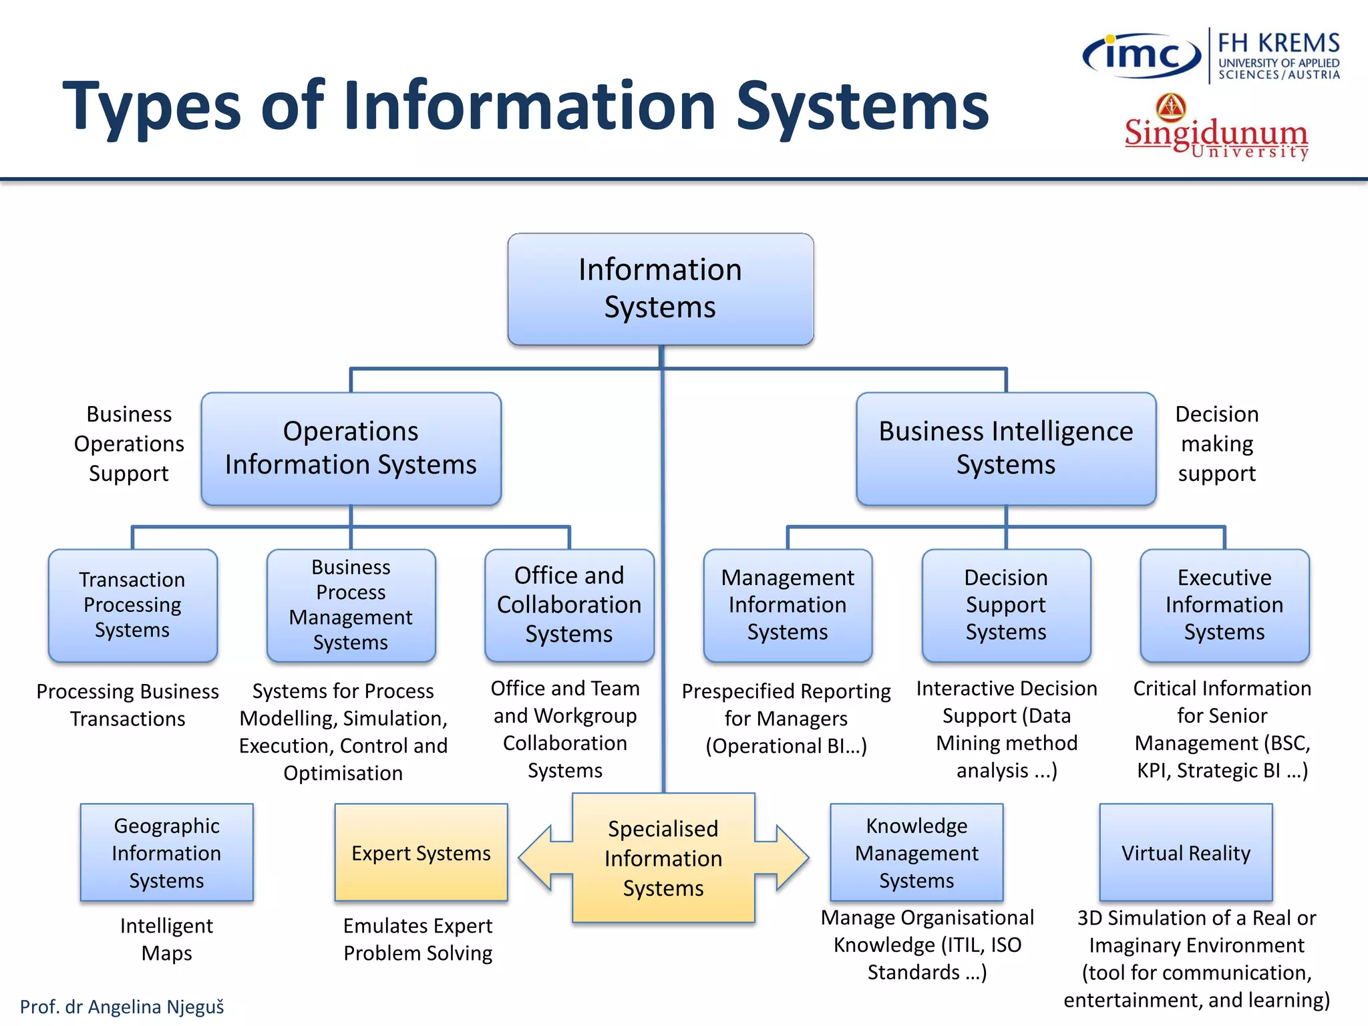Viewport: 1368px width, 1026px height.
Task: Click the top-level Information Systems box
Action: (660, 289)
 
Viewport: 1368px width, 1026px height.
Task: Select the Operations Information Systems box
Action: (351, 448)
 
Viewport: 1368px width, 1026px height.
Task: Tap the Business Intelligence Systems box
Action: (1005, 448)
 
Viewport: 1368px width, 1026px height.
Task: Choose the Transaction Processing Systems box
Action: (132, 605)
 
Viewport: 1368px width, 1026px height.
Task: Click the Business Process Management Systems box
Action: (351, 605)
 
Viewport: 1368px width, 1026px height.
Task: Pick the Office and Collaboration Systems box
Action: (569, 605)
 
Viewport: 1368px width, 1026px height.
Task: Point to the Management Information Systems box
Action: (788, 605)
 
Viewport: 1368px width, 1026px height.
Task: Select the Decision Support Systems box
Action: (1006, 605)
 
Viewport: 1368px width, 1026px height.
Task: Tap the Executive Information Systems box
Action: (1224, 605)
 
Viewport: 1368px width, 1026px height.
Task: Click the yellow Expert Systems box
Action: (421, 852)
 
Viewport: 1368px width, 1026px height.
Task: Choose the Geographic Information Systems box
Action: (166, 852)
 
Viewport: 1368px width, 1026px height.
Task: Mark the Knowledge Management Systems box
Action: (916, 852)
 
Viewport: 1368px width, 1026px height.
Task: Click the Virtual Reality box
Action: (1186, 852)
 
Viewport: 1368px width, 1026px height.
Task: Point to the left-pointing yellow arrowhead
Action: (538, 858)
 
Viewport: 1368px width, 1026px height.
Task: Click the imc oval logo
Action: (1142, 55)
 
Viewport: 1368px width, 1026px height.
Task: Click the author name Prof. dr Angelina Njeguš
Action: (122, 1007)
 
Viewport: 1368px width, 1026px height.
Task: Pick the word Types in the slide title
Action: (151, 107)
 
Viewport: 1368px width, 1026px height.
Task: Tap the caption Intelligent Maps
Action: (166, 939)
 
